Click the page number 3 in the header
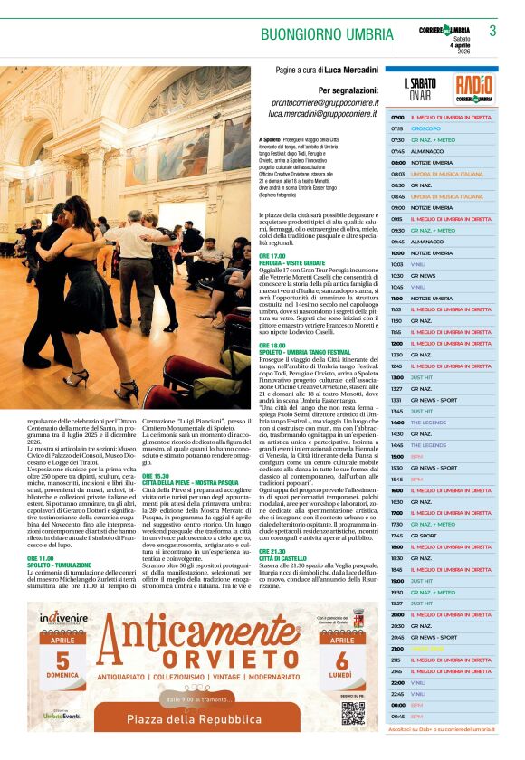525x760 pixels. tap(493, 31)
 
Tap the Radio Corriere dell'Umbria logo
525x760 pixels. tap(474, 87)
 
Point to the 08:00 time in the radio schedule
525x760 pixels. tap(397, 163)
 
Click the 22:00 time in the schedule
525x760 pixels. tap(397, 681)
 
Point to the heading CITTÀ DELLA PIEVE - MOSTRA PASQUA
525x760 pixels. tap(189, 484)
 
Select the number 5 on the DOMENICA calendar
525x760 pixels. tap(62, 660)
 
